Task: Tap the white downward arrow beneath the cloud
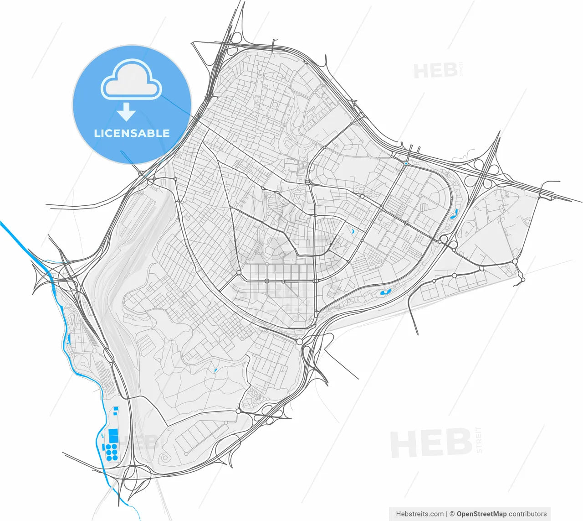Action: [x=126, y=111]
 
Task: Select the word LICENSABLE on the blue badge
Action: [x=132, y=133]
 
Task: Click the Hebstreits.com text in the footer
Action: [x=419, y=514]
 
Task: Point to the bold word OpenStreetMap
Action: [x=481, y=514]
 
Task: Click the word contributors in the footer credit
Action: [x=528, y=514]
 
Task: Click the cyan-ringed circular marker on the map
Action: [x=405, y=163]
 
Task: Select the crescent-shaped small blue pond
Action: [x=353, y=231]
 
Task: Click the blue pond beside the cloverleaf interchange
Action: [x=454, y=214]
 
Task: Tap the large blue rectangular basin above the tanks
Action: [x=113, y=435]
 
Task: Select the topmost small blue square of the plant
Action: [x=116, y=407]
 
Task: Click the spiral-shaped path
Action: [x=163, y=458]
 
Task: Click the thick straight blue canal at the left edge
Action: [x=18, y=240]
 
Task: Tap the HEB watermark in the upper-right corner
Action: [x=435, y=71]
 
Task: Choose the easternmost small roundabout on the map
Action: [x=522, y=279]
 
